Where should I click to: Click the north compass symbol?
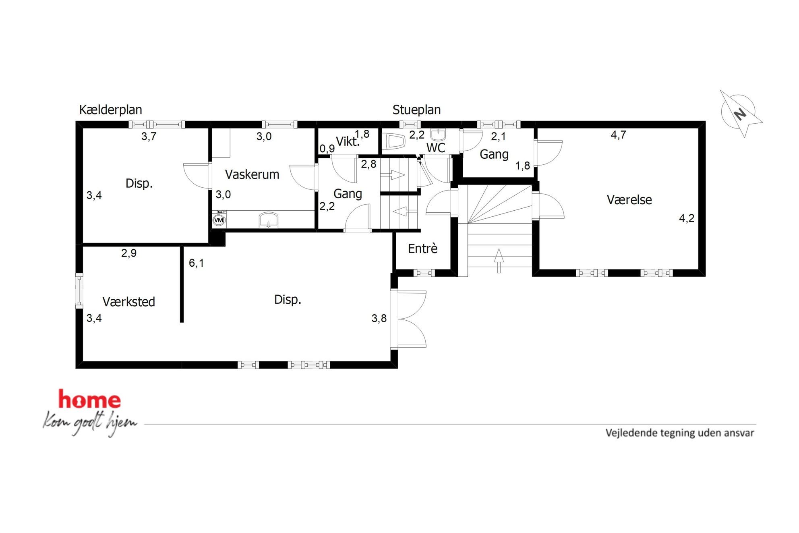coord(740,113)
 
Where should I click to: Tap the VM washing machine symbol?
coord(219,220)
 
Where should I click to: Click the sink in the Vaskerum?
coord(268,220)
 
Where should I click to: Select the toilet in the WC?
coord(395,142)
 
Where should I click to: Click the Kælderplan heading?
coord(110,110)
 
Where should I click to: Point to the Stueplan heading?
coord(416,110)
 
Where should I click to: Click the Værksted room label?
coord(129,302)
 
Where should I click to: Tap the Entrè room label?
coord(422,248)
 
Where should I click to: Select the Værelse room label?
coord(629,200)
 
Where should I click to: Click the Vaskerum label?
coord(252,174)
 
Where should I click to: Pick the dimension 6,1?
coord(197,263)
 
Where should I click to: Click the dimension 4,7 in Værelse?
coord(619,135)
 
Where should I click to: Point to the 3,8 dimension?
coord(379,319)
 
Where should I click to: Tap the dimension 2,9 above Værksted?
coord(129,253)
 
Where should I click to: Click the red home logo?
coord(89,399)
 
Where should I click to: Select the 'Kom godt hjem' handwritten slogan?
coord(90,423)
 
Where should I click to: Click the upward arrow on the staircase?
coord(499,261)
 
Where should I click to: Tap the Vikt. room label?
coord(348,141)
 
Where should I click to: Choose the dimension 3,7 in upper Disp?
coord(149,137)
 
